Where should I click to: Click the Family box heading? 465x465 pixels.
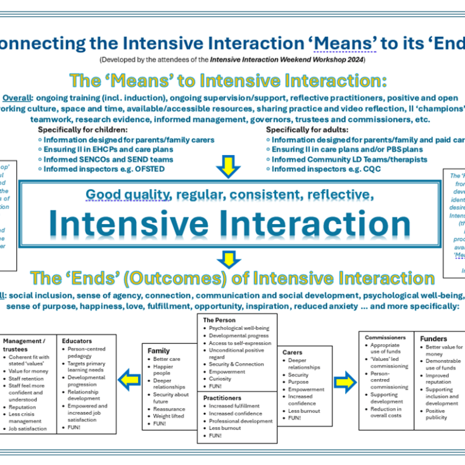tap(159, 351)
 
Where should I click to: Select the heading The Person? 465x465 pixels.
tap(219, 320)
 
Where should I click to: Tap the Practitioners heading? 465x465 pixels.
tap(222, 398)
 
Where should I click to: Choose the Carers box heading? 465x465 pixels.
tap(292, 352)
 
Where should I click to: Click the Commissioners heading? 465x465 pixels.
tap(385, 337)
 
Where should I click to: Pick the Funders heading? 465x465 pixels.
tap(434, 338)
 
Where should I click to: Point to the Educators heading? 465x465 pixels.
tap(77, 341)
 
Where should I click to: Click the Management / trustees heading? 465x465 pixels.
tap(24, 345)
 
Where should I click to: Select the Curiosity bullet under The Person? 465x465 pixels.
tap(220, 379)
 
